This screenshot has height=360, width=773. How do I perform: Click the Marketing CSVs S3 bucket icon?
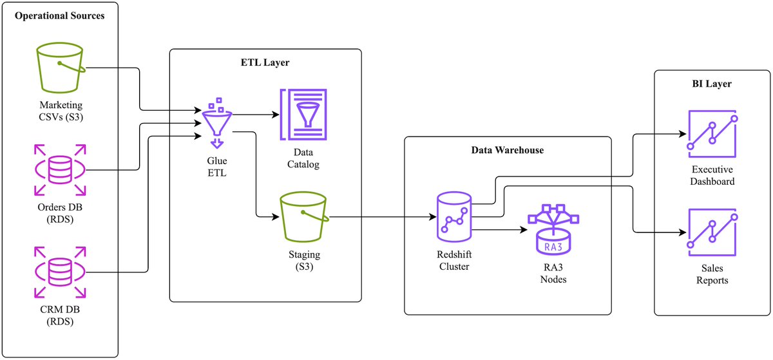[x=61, y=68]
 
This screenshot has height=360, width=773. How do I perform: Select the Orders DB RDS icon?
[x=60, y=170]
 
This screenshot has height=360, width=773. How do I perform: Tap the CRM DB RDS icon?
[x=60, y=272]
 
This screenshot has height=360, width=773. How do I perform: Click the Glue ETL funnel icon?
[x=216, y=123]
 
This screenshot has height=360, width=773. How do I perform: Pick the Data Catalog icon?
[x=303, y=115]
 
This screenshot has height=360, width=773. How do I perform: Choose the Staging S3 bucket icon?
[x=304, y=217]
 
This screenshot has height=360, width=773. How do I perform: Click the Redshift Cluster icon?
[x=454, y=217]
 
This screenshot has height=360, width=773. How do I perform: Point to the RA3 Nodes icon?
[x=553, y=229]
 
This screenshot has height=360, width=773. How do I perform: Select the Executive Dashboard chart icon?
[x=712, y=134]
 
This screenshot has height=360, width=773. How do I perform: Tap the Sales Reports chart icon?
[x=712, y=232]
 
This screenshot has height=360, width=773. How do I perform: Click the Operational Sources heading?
[x=60, y=16]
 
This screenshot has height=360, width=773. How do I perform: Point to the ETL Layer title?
[x=265, y=62]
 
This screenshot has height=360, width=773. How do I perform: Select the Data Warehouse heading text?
[x=508, y=150]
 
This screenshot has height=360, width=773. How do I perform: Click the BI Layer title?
[x=712, y=84]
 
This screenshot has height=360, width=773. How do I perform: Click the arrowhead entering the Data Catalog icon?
[x=276, y=115]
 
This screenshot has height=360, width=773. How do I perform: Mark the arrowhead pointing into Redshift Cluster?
[x=433, y=217]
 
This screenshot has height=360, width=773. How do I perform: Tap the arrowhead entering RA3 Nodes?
[x=524, y=229]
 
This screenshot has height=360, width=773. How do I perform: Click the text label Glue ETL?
[x=217, y=167]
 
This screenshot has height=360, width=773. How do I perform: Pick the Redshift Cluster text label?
[x=454, y=260]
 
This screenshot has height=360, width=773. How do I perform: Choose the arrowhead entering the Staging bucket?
[x=276, y=217]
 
